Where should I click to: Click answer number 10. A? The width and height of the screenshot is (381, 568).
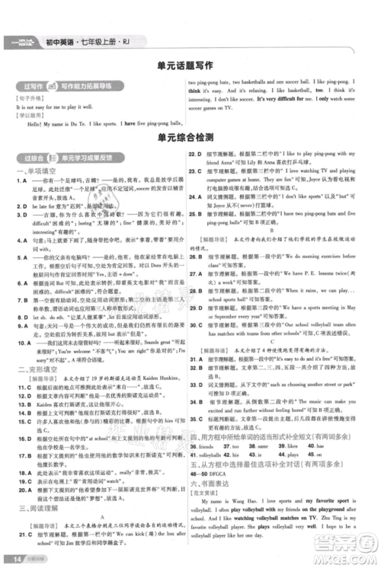click(26, 322)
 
